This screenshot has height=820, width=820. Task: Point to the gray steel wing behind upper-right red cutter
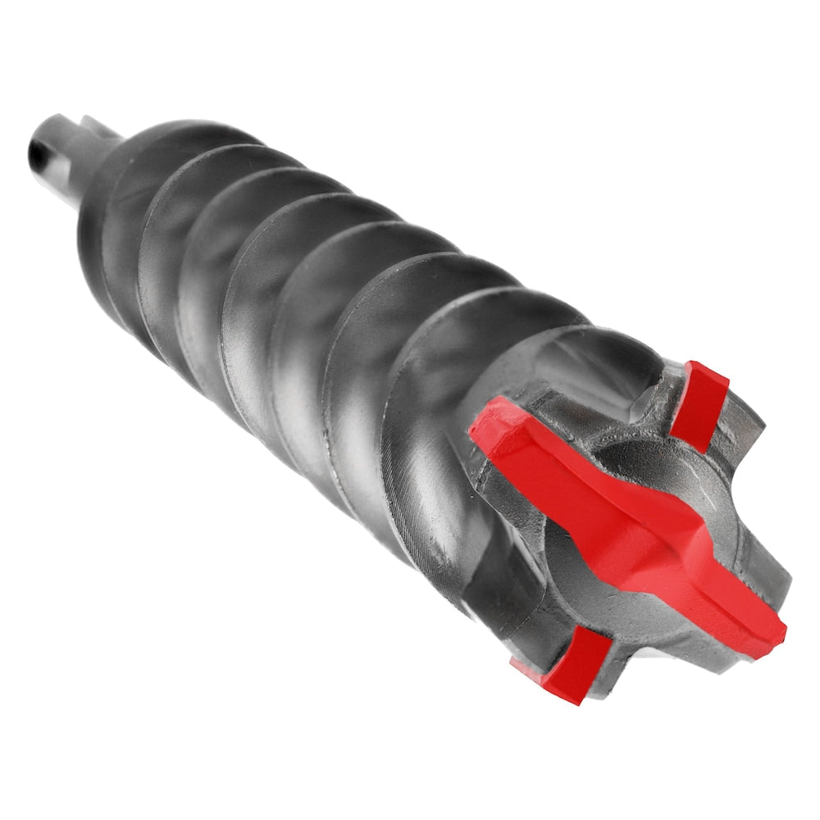(x=742, y=426)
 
